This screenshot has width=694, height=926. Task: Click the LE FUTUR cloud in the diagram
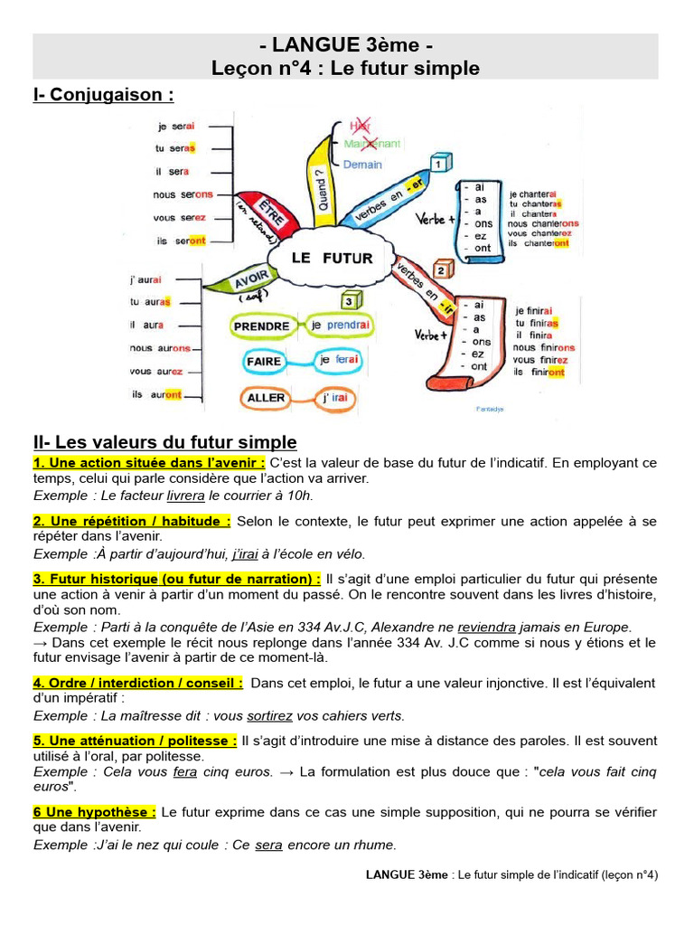point(332,258)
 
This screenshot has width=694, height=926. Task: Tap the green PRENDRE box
point(261,326)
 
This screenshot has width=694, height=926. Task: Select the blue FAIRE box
point(264,362)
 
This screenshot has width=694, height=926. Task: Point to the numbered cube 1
point(440,164)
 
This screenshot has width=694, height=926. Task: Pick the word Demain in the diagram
point(362,165)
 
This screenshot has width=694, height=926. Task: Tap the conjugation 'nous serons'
point(183,194)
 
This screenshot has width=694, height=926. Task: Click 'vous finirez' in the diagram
point(540,360)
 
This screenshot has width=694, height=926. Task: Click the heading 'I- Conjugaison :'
point(103,95)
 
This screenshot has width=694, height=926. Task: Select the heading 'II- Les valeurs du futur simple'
point(164,442)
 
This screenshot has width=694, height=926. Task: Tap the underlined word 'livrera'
point(186,496)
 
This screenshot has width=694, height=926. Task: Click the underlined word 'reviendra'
point(487,627)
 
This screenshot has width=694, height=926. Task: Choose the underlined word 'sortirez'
point(269,715)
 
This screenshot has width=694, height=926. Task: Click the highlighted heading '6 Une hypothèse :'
point(95,812)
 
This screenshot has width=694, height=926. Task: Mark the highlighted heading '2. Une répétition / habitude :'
point(132,521)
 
